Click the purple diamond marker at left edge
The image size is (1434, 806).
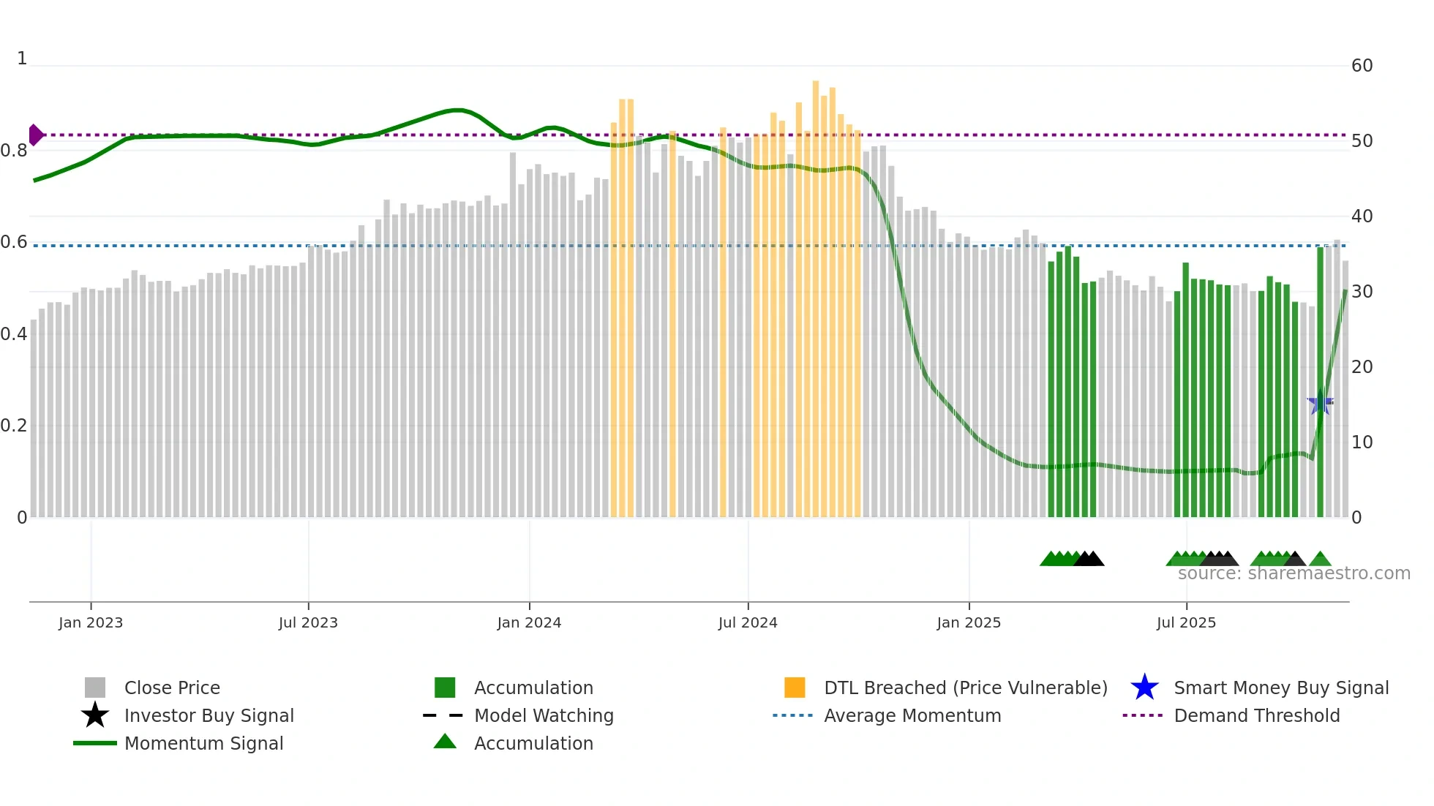[x=35, y=135]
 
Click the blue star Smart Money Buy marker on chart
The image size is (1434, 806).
[x=1320, y=403]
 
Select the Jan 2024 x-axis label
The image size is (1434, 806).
[x=529, y=622]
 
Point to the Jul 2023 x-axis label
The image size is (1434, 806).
[x=308, y=622]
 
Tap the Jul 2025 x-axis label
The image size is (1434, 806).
[x=1186, y=622]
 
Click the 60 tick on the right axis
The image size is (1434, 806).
[x=1362, y=66]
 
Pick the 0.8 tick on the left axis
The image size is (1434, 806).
[x=14, y=151]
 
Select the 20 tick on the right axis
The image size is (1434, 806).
[x=1362, y=367]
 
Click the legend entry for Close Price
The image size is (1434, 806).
[x=172, y=688]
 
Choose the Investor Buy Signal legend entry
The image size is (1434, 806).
[x=209, y=715]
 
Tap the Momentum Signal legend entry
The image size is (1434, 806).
[x=203, y=743]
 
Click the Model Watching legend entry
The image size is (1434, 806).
[x=544, y=715]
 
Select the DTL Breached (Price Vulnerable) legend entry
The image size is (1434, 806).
[x=965, y=688]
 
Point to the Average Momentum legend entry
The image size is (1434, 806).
[x=912, y=715]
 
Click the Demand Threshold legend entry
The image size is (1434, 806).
[x=1256, y=715]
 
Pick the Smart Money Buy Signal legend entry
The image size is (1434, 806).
[x=1280, y=688]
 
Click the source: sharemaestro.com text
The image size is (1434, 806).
[x=1294, y=573]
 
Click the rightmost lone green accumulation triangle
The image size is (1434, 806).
[x=1320, y=560]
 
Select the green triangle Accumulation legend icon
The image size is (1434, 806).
[x=445, y=742]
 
